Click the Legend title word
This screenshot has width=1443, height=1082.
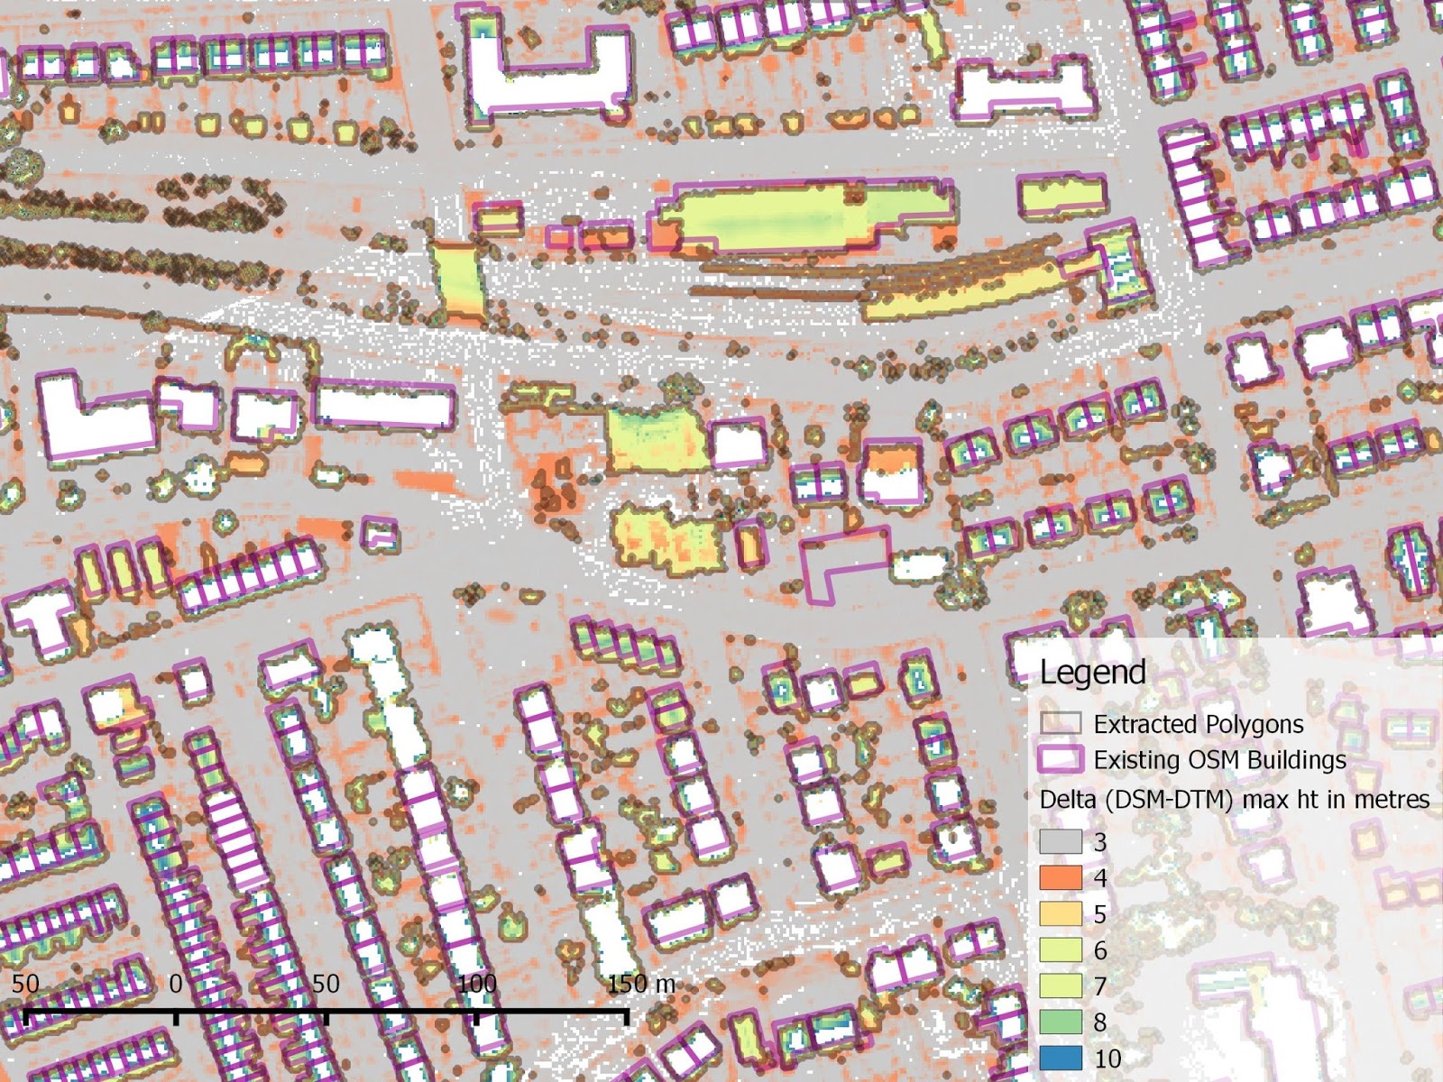1092,673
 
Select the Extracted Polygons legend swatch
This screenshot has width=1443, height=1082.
1060,724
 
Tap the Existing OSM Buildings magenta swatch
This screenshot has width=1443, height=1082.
1060,760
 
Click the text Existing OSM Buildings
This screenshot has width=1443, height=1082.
1219,760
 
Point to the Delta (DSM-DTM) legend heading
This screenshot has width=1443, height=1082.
1234,800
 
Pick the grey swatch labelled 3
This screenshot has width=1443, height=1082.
1060,842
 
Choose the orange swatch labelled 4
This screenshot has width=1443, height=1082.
1060,877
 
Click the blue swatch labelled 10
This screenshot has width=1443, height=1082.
1060,1059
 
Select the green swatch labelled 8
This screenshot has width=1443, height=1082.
1060,1022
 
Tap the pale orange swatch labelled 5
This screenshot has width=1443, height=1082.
1060,913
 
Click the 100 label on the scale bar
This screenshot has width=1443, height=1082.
476,984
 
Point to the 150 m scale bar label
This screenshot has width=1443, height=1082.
640,984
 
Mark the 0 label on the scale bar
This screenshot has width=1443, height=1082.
177,984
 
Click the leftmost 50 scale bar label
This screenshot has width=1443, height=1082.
25,984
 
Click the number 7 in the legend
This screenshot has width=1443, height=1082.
1099,986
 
